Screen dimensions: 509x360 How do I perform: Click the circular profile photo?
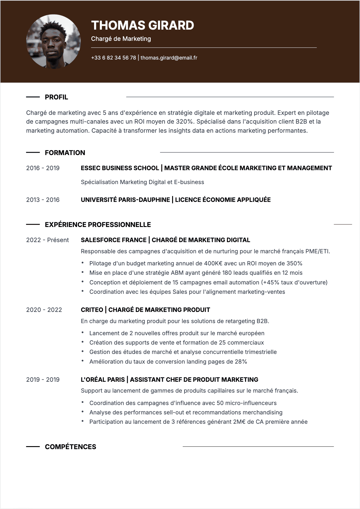54,41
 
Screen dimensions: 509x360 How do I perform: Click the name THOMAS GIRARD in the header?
142,25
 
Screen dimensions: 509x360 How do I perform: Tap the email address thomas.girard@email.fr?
169,58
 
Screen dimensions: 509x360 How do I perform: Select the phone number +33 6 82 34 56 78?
113,58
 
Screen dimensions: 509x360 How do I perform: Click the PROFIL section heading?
56,97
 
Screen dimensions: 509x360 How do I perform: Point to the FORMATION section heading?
65,153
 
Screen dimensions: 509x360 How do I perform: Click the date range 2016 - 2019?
43,168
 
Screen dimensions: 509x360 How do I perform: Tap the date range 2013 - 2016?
43,200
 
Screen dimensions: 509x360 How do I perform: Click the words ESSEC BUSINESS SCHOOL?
120,168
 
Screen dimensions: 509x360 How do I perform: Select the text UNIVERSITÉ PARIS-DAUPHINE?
125,200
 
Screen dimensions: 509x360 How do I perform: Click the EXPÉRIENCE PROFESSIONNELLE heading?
98,225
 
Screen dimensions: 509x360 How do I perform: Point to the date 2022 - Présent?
47,240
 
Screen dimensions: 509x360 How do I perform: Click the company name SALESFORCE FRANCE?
113,240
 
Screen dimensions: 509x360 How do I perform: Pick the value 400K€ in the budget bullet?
213,264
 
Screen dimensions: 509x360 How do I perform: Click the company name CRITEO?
92,310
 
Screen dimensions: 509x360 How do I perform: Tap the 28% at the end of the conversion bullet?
241,362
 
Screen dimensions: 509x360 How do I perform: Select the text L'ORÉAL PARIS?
103,380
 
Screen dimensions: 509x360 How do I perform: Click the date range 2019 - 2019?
43,380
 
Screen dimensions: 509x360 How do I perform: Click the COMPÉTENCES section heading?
70,447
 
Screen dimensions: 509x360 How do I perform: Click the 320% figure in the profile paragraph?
184,122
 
